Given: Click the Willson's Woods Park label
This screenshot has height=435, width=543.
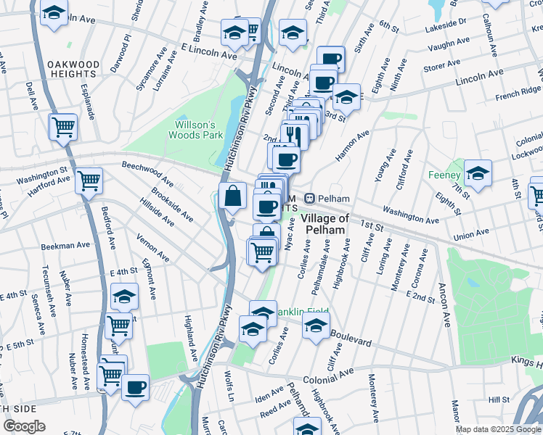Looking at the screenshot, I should click(195, 129).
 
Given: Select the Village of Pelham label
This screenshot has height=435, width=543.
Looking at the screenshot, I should click(324, 224).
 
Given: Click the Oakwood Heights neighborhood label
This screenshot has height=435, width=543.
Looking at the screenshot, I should click(73, 69).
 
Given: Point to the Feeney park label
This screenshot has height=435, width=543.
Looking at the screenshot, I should click(444, 175).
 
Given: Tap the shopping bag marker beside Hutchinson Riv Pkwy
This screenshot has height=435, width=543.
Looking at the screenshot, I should click(232, 196).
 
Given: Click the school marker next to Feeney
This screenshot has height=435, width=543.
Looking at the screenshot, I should click(478, 173).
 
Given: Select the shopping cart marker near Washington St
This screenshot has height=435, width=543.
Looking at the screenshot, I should click(89, 181).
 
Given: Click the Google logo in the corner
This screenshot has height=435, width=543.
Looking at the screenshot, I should click(24, 426).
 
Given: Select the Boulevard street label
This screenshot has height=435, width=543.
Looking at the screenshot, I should click(351, 339).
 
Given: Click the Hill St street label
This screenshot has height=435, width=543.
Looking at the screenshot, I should click(499, 399).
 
